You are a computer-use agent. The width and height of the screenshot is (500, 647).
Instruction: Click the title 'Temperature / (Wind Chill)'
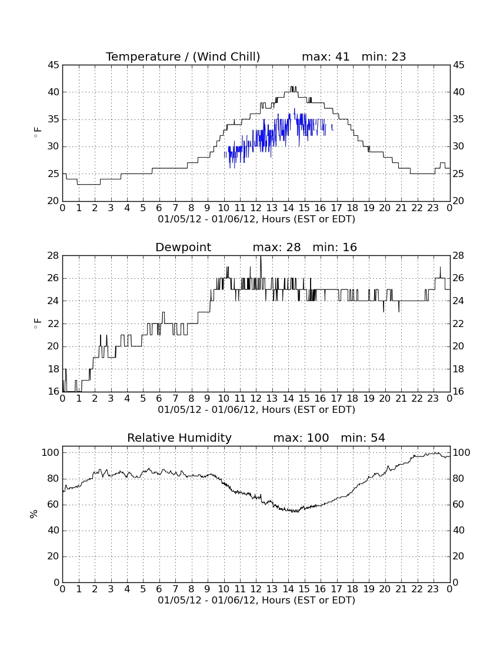183,56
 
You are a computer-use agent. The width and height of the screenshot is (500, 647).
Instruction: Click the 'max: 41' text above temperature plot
325,56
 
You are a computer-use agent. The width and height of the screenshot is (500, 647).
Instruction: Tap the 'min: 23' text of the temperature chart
384,56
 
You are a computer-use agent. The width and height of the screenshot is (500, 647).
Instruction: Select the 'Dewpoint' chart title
183,248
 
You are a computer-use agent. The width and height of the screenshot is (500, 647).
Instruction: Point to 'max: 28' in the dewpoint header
276,248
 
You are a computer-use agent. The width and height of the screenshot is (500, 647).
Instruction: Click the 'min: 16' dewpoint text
335,248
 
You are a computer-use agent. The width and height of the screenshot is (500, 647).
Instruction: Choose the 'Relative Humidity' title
179,438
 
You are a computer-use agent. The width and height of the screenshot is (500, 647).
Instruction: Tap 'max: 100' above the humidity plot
301,438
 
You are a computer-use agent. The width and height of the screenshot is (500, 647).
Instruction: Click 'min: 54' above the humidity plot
363,438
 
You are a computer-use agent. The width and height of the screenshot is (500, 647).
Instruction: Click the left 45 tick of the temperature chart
54,65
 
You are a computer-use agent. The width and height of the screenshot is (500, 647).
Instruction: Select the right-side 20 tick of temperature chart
459,201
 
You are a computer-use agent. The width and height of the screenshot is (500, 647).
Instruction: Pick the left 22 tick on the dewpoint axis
54,324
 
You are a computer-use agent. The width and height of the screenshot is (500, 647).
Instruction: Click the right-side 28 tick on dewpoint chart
459,256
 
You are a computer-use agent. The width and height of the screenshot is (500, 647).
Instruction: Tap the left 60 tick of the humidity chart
54,504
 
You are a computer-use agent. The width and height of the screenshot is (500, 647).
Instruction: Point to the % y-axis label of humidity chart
34,513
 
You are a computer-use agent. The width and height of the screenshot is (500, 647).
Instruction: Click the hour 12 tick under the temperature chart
256,208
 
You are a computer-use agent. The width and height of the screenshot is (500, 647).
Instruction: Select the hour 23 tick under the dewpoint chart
433,399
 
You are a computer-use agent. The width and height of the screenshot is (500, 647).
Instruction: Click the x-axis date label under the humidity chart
256,600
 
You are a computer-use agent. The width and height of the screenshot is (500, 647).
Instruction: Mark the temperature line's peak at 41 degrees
293,86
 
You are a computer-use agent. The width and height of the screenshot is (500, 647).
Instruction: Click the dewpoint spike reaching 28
261,256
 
